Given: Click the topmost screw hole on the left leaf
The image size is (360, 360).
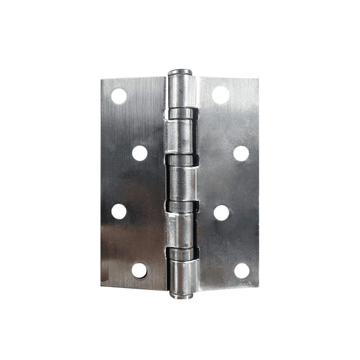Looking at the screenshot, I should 119,95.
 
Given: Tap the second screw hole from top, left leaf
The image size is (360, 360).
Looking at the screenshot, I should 140,153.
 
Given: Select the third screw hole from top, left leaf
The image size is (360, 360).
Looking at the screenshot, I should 119,211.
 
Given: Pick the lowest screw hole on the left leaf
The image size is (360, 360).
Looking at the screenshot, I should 139,270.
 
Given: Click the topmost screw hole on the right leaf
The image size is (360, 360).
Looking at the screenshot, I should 220,94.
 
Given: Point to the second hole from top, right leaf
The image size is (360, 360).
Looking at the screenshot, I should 241,153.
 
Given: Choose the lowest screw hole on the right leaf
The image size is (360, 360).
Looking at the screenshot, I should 242,270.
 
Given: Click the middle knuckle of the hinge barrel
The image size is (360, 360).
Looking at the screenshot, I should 182,184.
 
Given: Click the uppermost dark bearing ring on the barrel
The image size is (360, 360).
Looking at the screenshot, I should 183,113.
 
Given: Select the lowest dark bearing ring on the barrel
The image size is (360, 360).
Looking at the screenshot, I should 183,254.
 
